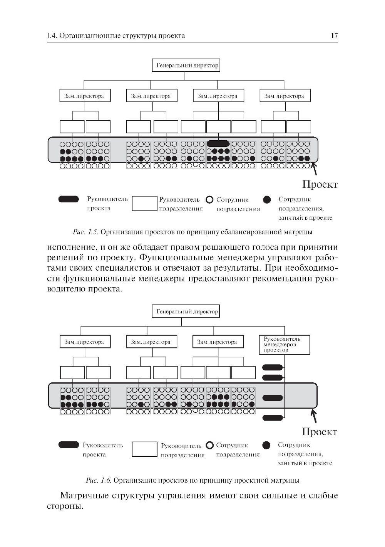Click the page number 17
tap(334, 36)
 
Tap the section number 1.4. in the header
tap(52, 36)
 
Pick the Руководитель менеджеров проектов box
tap(285, 345)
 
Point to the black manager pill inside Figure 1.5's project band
tap(218, 143)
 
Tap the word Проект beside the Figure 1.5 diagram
tap(320, 184)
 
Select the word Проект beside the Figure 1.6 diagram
tap(320, 432)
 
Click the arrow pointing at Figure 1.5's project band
tap(314, 168)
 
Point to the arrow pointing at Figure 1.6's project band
tap(314, 416)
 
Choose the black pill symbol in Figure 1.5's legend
tap(69, 199)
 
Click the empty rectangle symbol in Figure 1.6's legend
tap(144, 449)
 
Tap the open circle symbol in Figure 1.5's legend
tap(209, 200)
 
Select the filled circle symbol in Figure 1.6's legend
tap(266, 445)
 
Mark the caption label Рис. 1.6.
tap(99, 480)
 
